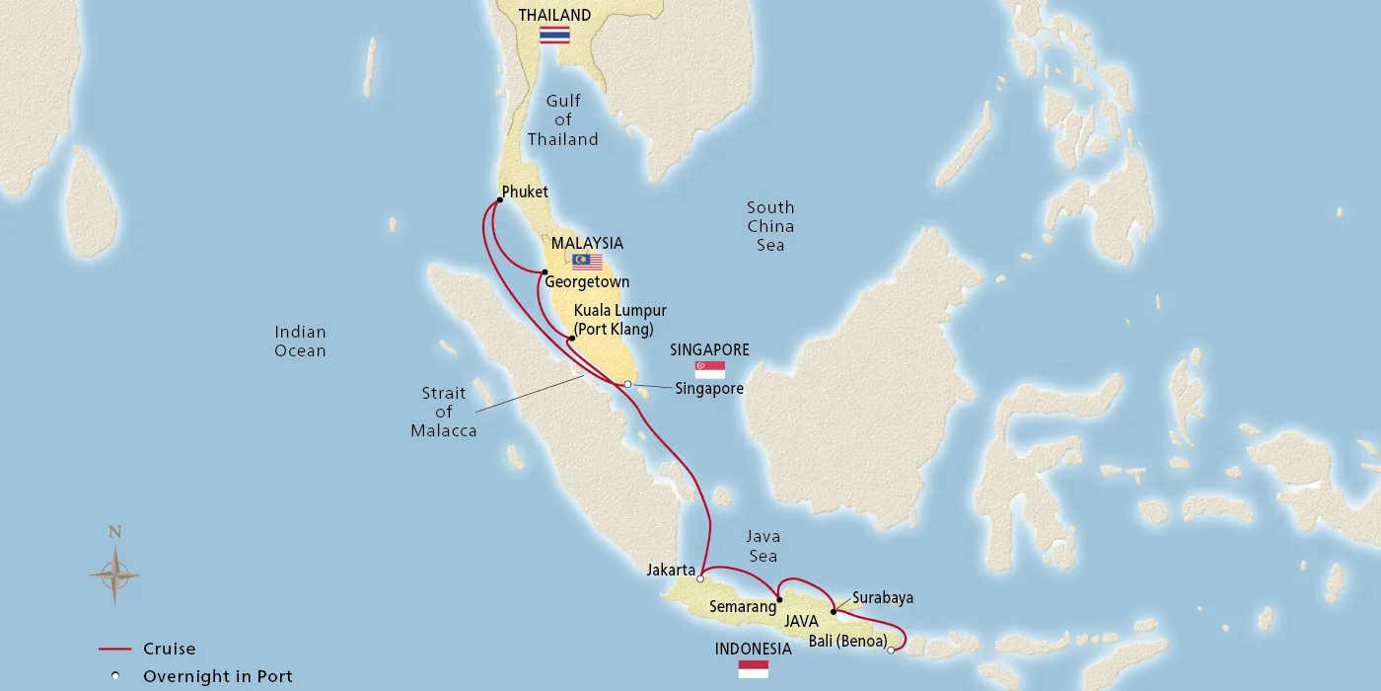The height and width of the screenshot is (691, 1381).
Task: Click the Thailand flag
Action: [554, 35]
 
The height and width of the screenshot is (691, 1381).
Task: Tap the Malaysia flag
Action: [587, 262]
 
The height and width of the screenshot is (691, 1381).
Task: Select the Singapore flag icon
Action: [710, 369]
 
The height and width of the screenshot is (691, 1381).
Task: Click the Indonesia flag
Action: [754, 669]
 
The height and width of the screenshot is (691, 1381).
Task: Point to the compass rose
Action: [114, 574]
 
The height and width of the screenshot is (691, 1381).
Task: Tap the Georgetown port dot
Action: [545, 272]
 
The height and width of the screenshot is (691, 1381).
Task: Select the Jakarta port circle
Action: [700, 579]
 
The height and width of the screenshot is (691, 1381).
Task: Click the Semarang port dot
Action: [779, 599]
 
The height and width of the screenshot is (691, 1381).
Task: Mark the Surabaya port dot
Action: [834, 611]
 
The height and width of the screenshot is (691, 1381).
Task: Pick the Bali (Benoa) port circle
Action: [891, 650]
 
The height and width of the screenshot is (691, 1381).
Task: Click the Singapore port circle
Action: [627, 384]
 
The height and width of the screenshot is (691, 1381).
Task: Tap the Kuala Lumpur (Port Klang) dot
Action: [571, 339]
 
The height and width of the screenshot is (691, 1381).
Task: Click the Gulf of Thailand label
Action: [562, 120]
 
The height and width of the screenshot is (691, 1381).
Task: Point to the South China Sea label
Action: [770, 226]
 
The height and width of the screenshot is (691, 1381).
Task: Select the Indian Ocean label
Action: [300, 342]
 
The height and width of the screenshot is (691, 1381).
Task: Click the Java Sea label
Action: [763, 546]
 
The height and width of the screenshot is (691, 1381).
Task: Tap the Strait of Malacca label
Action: [444, 412]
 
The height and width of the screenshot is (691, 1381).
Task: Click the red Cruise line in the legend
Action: [116, 650]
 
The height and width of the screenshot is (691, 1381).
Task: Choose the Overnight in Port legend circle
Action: [116, 677]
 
